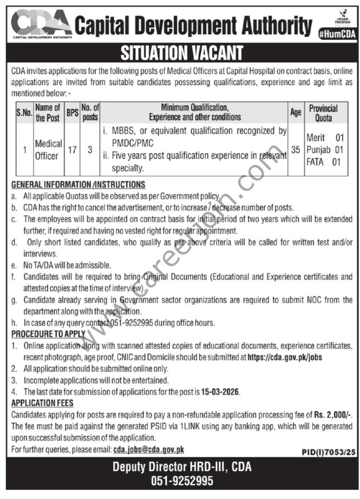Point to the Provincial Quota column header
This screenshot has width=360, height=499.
click(x=323, y=113)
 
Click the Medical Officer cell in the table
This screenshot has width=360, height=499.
click(x=48, y=150)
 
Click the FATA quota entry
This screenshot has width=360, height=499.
click(x=323, y=161)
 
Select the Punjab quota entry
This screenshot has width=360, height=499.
click(x=324, y=150)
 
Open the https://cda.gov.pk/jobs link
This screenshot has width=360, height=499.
click(x=285, y=357)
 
